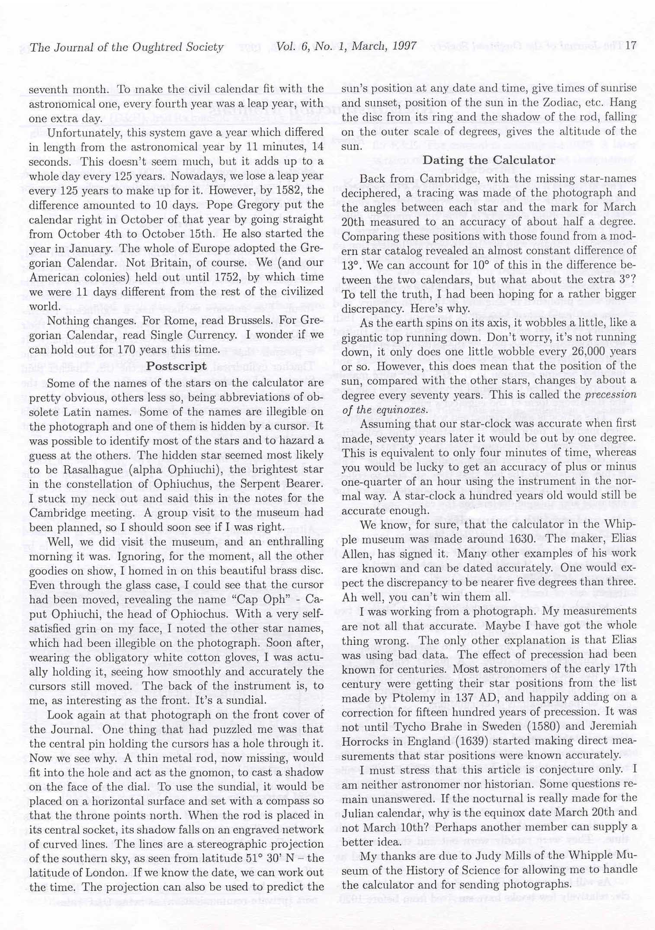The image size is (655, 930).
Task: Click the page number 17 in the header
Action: pyautogui.click(x=631, y=46)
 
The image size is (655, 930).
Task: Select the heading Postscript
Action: pyautogui.click(x=177, y=366)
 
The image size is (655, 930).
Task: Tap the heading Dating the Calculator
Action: pyautogui.click(x=489, y=160)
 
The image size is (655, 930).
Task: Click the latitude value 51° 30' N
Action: pyautogui.click(x=271, y=859)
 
